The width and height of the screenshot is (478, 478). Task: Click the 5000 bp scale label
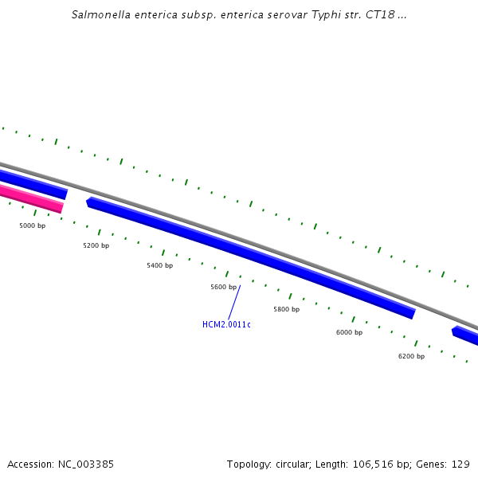click(32, 226)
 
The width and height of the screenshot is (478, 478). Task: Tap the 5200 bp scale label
click(96, 246)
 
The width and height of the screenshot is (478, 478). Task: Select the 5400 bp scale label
click(159, 265)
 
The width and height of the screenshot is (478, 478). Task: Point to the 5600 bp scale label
click(223, 287)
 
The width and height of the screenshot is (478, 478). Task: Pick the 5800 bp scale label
click(286, 309)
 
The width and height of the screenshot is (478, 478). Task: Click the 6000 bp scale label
click(349, 332)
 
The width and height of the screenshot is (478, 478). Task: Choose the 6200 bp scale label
click(411, 356)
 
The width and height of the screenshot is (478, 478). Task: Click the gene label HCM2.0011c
click(226, 324)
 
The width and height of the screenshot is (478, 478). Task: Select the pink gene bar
click(32, 198)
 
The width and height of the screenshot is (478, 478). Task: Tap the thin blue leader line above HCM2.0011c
click(234, 302)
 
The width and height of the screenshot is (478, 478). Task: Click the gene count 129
click(461, 464)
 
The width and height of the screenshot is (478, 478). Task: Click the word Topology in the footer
click(249, 464)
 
